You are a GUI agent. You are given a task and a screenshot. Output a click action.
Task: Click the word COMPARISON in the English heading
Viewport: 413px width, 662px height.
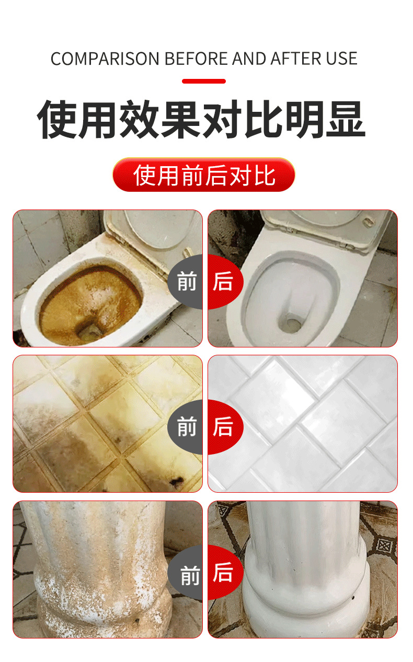pyautogui.click(x=105, y=59)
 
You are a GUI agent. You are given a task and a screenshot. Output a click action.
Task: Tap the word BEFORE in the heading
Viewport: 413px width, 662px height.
pyautogui.click(x=196, y=59)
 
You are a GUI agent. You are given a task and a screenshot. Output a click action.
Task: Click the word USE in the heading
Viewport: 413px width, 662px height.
pyautogui.click(x=342, y=59)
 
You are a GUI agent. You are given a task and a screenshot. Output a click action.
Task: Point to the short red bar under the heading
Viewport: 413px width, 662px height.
pyautogui.click(x=204, y=82)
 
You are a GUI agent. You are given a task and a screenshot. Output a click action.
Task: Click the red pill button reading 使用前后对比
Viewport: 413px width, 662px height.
pyautogui.click(x=204, y=175)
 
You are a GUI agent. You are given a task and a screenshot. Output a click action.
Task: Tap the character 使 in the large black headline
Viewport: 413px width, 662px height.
pyautogui.click(x=57, y=119)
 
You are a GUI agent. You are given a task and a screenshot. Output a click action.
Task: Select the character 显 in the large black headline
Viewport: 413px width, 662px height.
pyautogui.click(x=346, y=119)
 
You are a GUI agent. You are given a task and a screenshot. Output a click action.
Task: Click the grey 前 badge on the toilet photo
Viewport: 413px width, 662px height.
pyautogui.click(x=186, y=282)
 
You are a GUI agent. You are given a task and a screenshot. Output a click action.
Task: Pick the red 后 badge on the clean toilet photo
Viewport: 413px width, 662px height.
pyautogui.click(x=225, y=282)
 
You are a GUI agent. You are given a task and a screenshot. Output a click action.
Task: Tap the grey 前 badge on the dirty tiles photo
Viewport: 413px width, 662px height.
pyautogui.click(x=186, y=427)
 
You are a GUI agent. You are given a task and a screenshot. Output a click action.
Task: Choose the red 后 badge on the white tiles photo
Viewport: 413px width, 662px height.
pyautogui.click(x=225, y=427)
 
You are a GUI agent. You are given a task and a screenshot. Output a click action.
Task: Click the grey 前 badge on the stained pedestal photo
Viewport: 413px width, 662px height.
pyautogui.click(x=186, y=573)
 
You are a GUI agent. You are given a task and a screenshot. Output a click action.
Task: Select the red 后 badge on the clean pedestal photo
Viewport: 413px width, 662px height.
pyautogui.click(x=225, y=573)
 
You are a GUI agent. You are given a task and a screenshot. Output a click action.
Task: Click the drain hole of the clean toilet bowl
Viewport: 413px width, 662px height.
pyautogui.click(x=290, y=324)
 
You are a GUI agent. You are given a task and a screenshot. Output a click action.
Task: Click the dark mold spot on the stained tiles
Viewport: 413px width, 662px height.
pyautogui.click(x=177, y=482)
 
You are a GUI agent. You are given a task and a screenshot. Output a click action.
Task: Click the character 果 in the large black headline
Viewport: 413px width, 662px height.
pyautogui.click(x=180, y=119)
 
